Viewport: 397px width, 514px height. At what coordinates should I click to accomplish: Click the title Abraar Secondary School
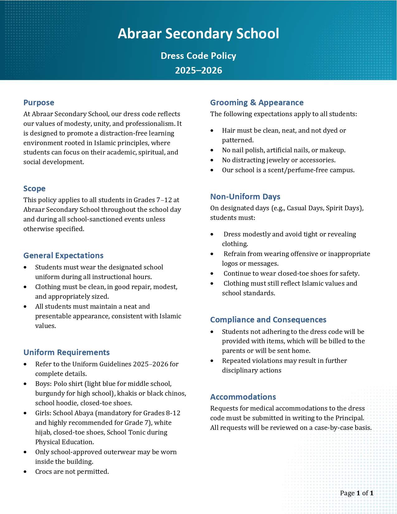pyautogui.click(x=198, y=34)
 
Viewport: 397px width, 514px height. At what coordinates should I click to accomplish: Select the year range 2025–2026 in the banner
pyautogui.click(x=198, y=70)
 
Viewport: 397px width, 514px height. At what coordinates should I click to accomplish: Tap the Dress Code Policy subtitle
pyautogui.click(x=198, y=56)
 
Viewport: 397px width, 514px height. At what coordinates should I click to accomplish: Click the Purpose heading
pyautogui.click(x=39, y=102)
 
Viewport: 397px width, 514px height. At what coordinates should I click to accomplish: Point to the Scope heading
pyautogui.click(x=34, y=188)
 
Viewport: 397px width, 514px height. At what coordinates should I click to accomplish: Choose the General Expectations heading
pyautogui.click(x=63, y=255)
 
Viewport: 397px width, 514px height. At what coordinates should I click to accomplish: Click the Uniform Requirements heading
pyautogui.click(x=66, y=352)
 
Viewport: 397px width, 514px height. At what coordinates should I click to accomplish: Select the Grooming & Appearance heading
pyautogui.click(x=257, y=102)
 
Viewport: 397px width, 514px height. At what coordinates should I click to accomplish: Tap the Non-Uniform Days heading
pyautogui.click(x=245, y=197)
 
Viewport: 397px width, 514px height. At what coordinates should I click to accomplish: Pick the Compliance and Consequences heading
pyautogui.click(x=268, y=320)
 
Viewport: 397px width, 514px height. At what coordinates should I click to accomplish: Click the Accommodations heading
pyautogui.click(x=243, y=397)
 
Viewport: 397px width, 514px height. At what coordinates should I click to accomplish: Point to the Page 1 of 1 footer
pyautogui.click(x=357, y=493)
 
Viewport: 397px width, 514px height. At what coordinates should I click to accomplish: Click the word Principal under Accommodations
pyautogui.click(x=349, y=418)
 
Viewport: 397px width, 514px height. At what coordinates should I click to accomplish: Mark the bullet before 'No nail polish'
pyautogui.click(x=212, y=150)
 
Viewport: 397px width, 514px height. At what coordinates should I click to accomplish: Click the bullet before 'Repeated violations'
pyautogui.click(x=212, y=361)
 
